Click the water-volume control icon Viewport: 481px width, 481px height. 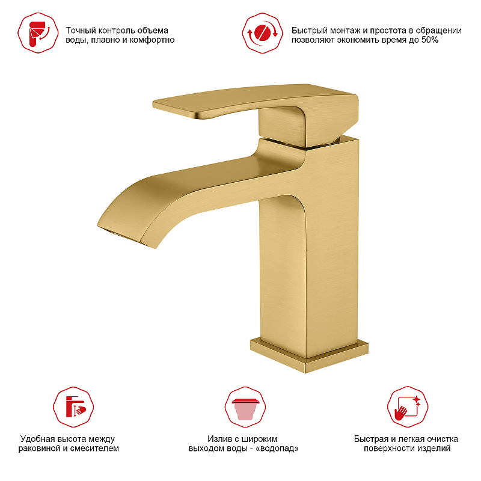[x=38, y=33]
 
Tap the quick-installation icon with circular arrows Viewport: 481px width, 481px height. [x=263, y=33]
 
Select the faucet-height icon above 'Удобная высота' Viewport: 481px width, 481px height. [x=73, y=407]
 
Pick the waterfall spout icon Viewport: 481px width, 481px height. [x=245, y=407]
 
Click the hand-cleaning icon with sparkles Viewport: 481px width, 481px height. [x=408, y=407]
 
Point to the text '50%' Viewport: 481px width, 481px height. [x=430, y=40]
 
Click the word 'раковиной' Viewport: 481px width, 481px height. [x=40, y=449]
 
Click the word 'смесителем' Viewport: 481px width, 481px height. [x=94, y=449]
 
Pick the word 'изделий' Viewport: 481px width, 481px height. [x=435, y=449]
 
